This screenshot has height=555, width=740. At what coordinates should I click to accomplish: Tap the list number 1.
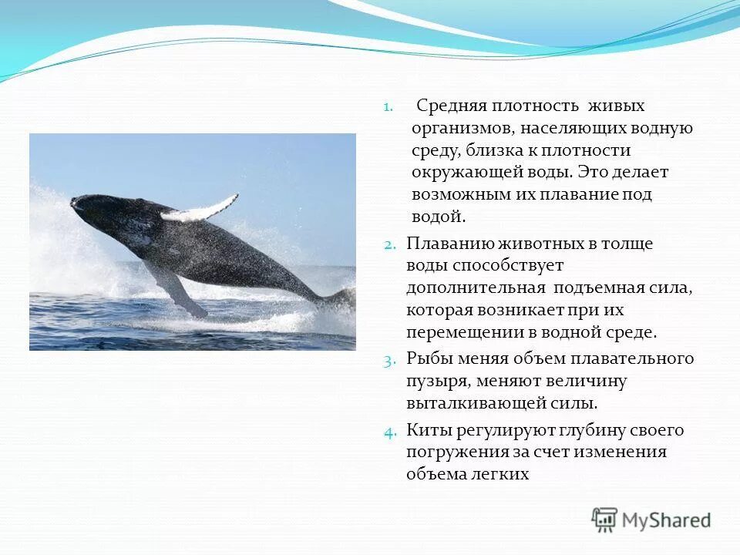tap(388, 106)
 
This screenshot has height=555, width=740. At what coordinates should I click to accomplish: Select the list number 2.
tap(390, 244)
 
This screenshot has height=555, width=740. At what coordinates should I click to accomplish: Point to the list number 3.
tap(390, 359)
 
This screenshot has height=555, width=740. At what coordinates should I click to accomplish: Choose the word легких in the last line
tap(501, 474)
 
